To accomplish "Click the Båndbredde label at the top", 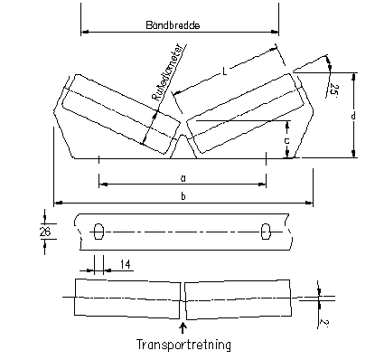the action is click(173, 25).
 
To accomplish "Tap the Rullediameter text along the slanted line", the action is click(168, 72).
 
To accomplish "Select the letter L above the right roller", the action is click(224, 71).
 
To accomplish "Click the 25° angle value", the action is click(333, 90).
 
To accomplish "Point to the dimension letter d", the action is click(353, 116).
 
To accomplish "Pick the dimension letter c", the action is click(287, 140).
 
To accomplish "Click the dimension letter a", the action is click(183, 178).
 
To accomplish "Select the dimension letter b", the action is click(183, 196).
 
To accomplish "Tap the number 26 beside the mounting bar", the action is click(45, 232).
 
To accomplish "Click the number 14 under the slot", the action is click(125, 264).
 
